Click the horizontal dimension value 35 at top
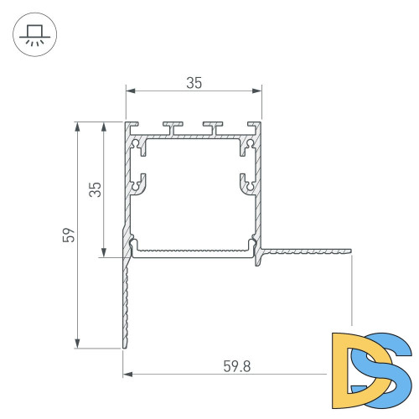tap(194, 82)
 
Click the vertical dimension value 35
tap(95, 189)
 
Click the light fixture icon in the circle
tap(34, 35)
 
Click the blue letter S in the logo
tap(384, 366)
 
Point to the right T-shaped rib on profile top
tap(215, 127)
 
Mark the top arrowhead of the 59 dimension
tap(78, 126)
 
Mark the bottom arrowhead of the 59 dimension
tap(78, 344)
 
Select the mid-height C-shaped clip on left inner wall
tap(141, 183)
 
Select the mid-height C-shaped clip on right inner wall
tap(246, 183)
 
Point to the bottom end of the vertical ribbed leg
tap(127, 345)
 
